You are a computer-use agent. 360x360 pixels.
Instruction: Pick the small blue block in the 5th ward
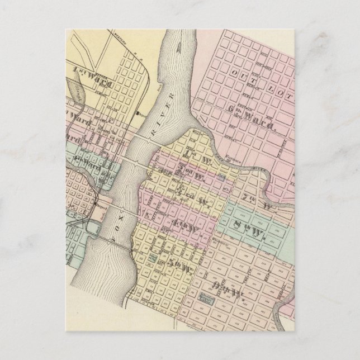pos(153,260)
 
